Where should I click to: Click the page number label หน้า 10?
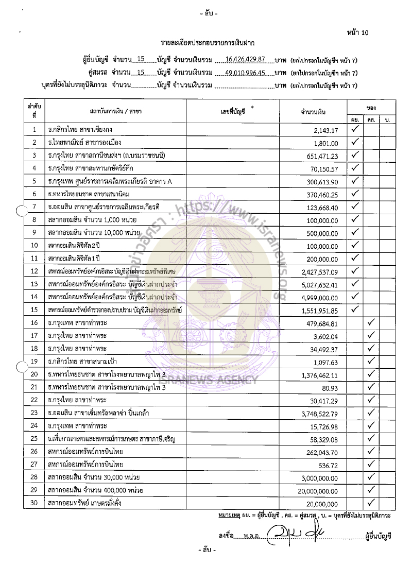pyautogui.click(x=358, y=33)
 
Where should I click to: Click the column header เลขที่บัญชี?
pyautogui.click(x=233, y=111)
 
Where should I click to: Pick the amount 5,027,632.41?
pyautogui.click(x=320, y=284)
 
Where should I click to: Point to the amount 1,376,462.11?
pyautogui.click(x=320, y=374)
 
